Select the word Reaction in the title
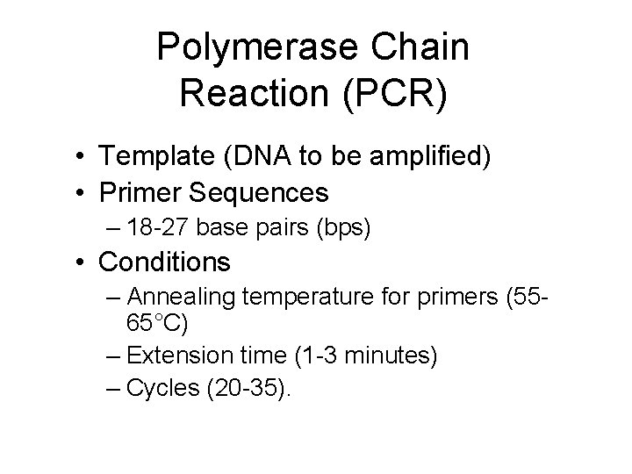click(248, 91)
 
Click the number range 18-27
click(159, 228)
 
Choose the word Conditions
click(164, 262)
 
